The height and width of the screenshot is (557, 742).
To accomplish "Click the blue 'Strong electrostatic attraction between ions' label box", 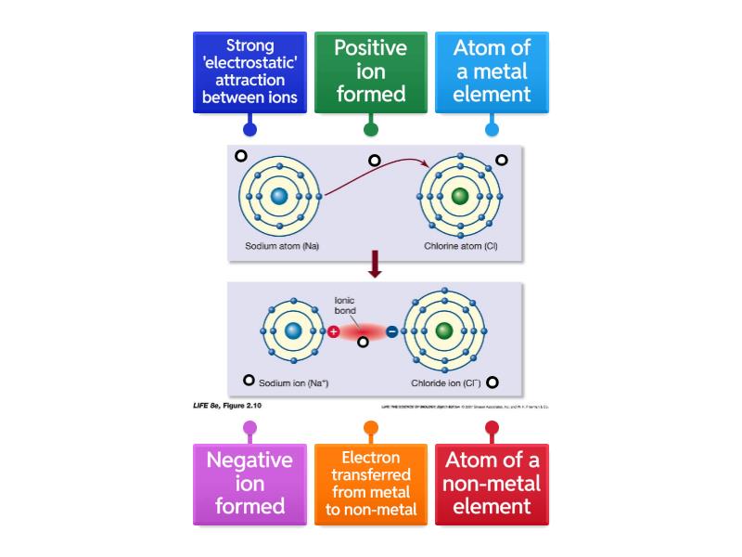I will click(x=249, y=72).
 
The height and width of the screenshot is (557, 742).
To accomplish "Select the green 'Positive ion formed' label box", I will click(x=370, y=72).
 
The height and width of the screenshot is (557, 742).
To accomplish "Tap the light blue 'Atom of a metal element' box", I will click(x=492, y=72).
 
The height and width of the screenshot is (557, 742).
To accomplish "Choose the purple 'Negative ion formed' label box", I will click(x=249, y=484).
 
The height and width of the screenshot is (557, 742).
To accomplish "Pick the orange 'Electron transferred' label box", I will click(x=370, y=484).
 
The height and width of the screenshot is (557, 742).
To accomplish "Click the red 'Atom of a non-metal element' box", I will click(x=492, y=484).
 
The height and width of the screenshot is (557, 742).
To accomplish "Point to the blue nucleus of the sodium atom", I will click(x=280, y=197).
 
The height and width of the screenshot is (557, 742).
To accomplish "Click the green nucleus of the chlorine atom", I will click(x=460, y=197).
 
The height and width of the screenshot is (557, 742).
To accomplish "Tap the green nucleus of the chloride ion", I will click(x=443, y=331).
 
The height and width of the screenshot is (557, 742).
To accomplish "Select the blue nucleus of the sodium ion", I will click(x=293, y=331).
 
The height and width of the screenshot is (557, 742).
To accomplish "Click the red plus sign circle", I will click(x=334, y=331).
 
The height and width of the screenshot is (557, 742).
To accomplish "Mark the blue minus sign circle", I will click(x=391, y=331).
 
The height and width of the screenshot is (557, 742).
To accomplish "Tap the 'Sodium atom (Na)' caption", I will click(x=282, y=246).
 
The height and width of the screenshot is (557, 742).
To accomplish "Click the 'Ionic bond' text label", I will click(x=345, y=304).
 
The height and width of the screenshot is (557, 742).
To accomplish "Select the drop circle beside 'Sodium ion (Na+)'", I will click(x=249, y=381).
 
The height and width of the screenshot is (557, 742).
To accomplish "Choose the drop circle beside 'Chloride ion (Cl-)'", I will click(x=493, y=382).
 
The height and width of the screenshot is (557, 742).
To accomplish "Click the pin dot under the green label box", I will click(x=370, y=130).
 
